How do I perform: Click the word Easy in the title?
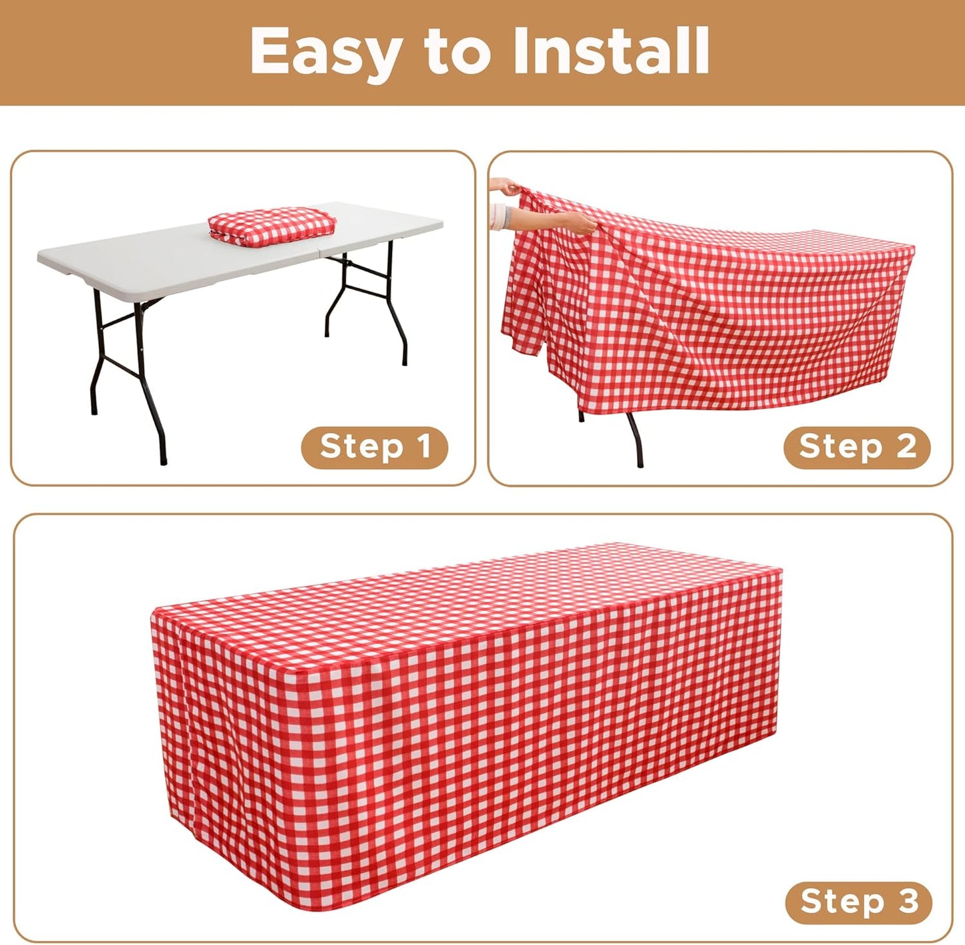click(326, 52)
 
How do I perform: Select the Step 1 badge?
click(375, 447)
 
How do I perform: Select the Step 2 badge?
click(857, 447)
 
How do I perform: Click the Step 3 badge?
click(858, 902)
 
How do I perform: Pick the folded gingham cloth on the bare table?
click(272, 224)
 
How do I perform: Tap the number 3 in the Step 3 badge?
click(908, 902)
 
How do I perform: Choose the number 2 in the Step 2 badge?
click(906, 446)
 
